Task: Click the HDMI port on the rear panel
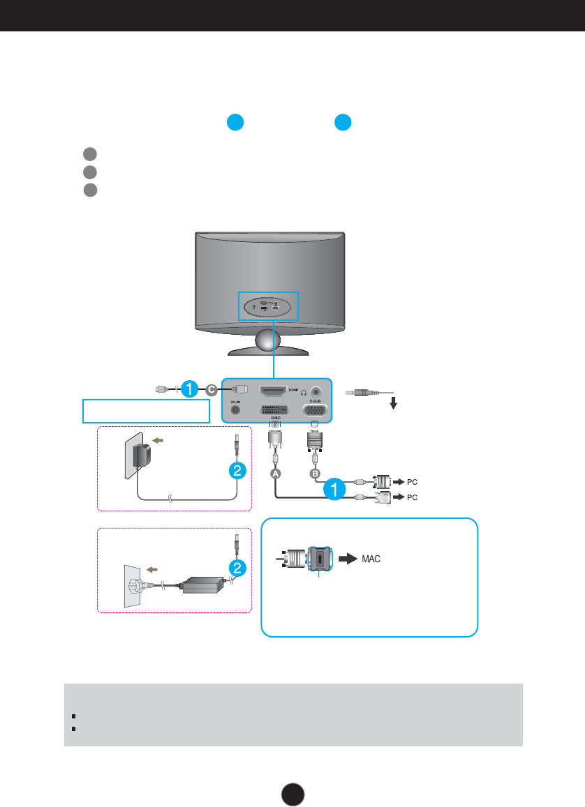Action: (277, 392)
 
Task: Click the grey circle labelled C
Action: (212, 390)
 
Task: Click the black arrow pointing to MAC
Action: (347, 559)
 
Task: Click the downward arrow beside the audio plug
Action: (394, 403)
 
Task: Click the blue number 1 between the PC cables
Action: (334, 489)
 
